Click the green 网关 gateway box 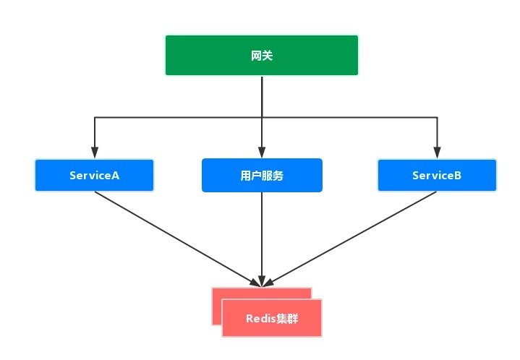pos(261,54)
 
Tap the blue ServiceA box pos(95,176)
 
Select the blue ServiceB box pos(437,176)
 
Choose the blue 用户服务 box pos(261,176)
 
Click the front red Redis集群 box pos(271,318)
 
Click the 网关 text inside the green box pos(261,54)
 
